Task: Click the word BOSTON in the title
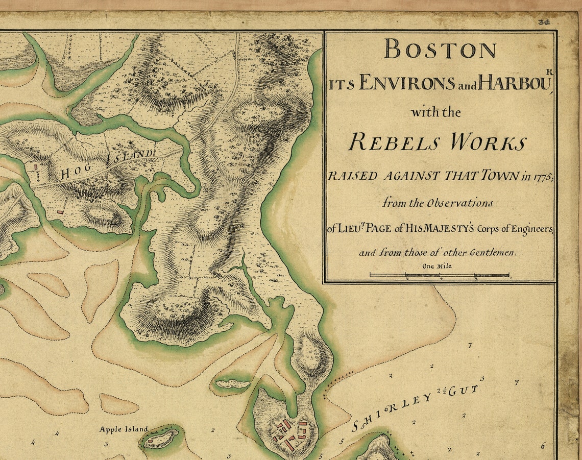coord(440,50)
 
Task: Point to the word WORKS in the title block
coord(488,142)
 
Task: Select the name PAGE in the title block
coord(378,229)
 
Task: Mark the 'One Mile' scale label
coord(436,266)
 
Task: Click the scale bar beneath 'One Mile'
coord(440,276)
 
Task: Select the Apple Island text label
coord(124,429)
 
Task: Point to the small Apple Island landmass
coord(161,439)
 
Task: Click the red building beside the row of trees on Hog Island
coord(36,167)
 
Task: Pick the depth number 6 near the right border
coord(542,446)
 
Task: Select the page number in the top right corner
coord(543,22)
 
